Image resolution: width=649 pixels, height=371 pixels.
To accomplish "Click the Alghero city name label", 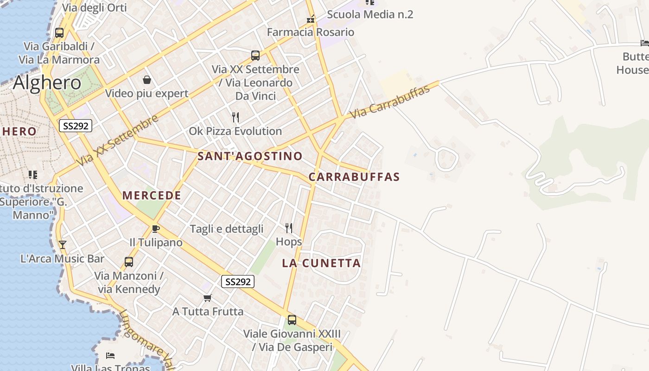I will click(x=47, y=83).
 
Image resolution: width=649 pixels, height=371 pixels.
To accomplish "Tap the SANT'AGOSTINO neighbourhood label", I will click(x=250, y=156).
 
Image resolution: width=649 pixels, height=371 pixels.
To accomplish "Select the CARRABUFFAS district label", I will click(x=354, y=177).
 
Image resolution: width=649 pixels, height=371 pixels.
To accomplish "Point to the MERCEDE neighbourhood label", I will click(x=152, y=196).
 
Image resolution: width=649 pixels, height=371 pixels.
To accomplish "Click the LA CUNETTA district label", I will click(x=321, y=263).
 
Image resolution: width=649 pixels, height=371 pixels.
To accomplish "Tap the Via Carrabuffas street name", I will click(x=389, y=102).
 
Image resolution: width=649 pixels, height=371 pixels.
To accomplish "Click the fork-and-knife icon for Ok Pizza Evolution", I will click(x=235, y=117).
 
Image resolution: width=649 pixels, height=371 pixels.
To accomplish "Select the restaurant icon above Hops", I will click(x=289, y=228).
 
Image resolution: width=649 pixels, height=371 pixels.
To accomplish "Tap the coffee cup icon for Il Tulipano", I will click(x=156, y=229).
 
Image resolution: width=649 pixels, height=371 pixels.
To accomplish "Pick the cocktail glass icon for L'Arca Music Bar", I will click(x=63, y=244).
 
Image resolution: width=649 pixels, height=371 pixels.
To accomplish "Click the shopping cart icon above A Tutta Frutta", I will click(x=208, y=298).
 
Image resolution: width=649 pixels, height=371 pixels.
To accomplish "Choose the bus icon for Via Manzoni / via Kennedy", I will click(x=129, y=262).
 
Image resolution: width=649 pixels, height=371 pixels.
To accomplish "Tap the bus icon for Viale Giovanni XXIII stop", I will click(x=292, y=320).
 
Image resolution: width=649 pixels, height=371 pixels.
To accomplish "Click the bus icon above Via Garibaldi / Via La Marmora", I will click(x=59, y=32).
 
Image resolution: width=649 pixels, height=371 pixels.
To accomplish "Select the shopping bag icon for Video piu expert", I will click(x=146, y=80).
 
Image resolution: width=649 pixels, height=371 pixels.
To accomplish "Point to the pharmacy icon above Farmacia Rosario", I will click(x=311, y=19).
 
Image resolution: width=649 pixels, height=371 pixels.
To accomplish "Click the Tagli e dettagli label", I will click(x=227, y=229).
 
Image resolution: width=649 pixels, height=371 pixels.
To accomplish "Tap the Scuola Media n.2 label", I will click(x=370, y=14).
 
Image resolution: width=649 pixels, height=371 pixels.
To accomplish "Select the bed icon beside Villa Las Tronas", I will click(x=110, y=356).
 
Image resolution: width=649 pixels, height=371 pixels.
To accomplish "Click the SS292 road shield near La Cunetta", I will click(x=238, y=281).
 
